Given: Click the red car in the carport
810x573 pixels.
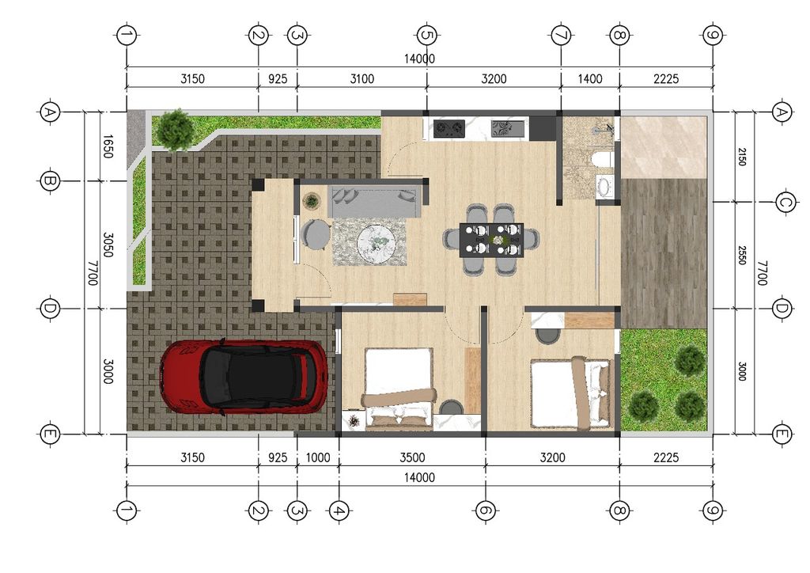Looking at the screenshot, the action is pyautogui.click(x=244, y=377).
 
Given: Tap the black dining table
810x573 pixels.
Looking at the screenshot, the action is pyautogui.click(x=491, y=240).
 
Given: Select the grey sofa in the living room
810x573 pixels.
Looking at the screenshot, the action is pyautogui.click(x=374, y=203).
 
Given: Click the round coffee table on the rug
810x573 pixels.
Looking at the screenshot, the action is pyautogui.click(x=376, y=242).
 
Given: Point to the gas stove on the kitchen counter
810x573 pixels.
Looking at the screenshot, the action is pyautogui.click(x=449, y=128).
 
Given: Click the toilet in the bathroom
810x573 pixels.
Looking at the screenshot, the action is pyautogui.click(x=602, y=159).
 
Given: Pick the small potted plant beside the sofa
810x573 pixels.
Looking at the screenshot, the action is pyautogui.click(x=311, y=200).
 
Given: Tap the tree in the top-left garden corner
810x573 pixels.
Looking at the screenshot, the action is pyautogui.click(x=176, y=129).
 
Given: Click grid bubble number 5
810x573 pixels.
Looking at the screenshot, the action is pyautogui.click(x=426, y=36).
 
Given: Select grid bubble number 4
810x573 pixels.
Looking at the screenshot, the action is pyautogui.click(x=339, y=511).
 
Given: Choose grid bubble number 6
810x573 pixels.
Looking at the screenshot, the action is pyautogui.click(x=485, y=511).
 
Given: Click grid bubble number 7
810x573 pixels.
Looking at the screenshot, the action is pyautogui.click(x=561, y=36).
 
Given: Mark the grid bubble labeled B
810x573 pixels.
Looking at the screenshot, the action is pyautogui.click(x=50, y=180).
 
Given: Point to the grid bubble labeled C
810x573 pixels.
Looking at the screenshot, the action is pyautogui.click(x=785, y=202).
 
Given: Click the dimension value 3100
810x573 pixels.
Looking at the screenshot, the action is pyautogui.click(x=362, y=79).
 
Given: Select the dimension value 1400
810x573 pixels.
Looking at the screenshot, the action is pyautogui.click(x=590, y=79).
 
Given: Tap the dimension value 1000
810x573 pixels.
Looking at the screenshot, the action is pyautogui.click(x=318, y=457).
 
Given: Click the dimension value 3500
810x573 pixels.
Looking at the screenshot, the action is pyautogui.click(x=412, y=457).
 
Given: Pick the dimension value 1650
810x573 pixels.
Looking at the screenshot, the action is pyautogui.click(x=108, y=146).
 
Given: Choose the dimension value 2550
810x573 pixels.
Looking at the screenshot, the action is pyautogui.click(x=742, y=256).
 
